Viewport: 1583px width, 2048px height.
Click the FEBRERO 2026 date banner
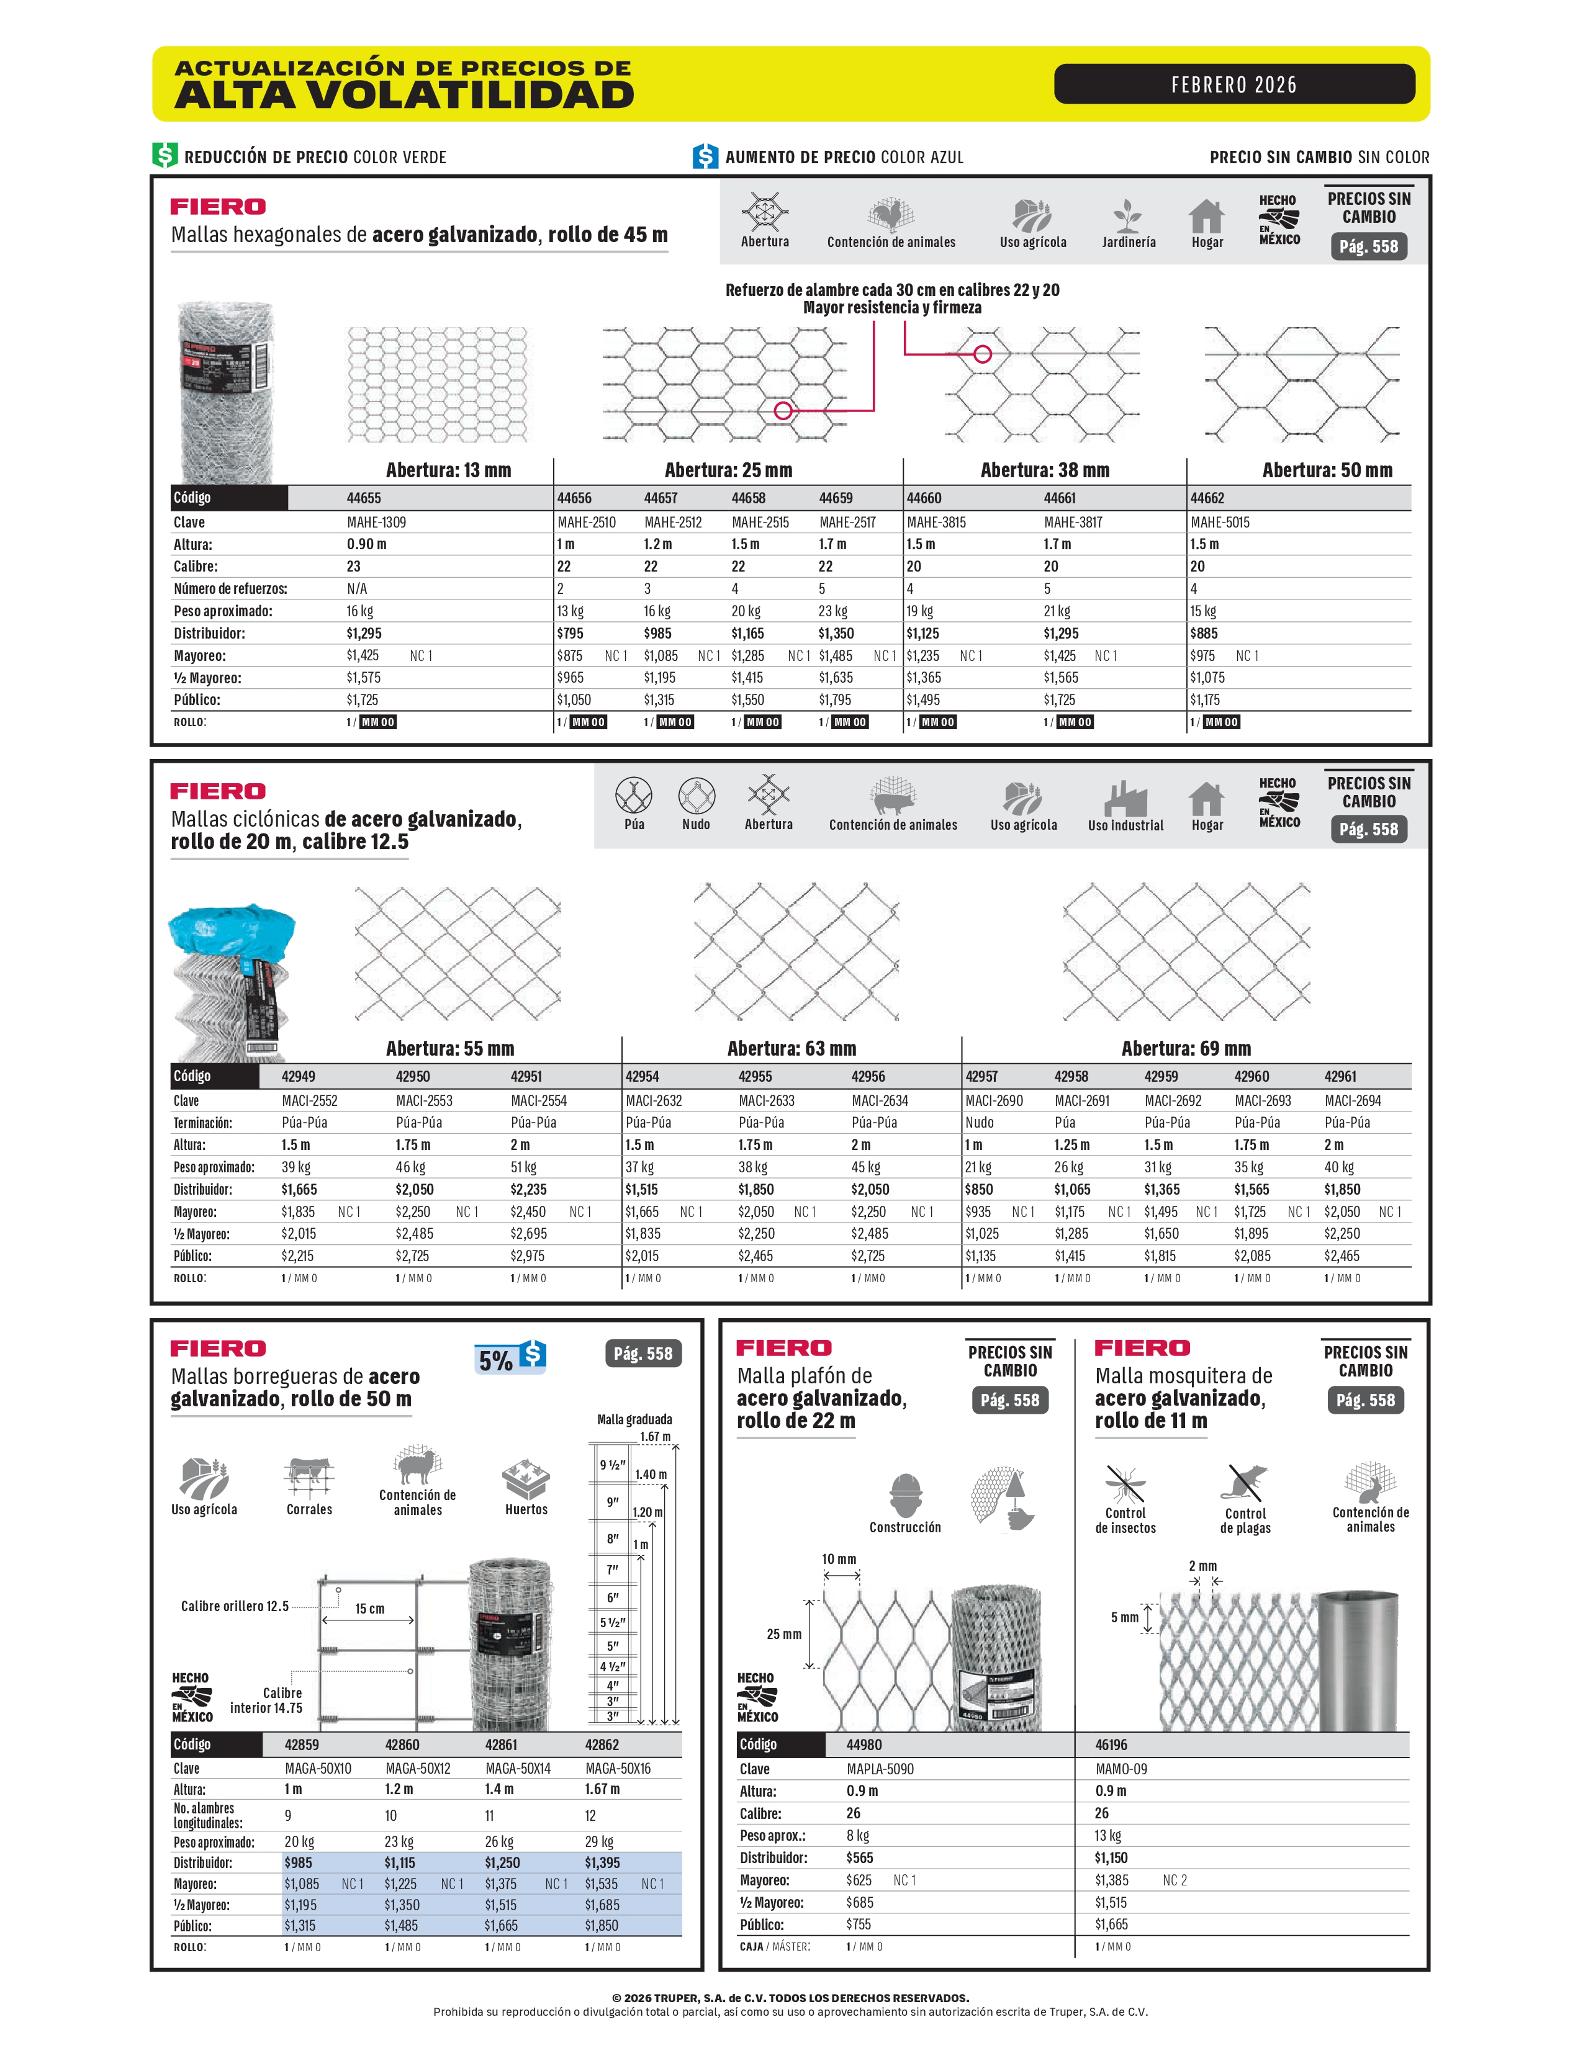[x=1233, y=84]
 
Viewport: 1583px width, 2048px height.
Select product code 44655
[x=364, y=498]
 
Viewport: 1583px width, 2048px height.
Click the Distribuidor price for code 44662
[x=1204, y=633]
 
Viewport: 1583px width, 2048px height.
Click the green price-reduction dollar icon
[x=165, y=156]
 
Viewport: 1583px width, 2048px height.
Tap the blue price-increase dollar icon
[x=705, y=156]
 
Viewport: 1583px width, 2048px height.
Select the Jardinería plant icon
[x=1127, y=217]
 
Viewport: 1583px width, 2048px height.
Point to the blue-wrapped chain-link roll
[x=232, y=980]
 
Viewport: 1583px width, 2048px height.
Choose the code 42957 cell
[x=982, y=1077]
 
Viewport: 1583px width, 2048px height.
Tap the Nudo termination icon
[x=696, y=797]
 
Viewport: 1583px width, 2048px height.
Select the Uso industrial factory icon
[x=1124, y=799]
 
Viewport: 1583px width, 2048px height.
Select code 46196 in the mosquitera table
[x=1111, y=1745]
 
